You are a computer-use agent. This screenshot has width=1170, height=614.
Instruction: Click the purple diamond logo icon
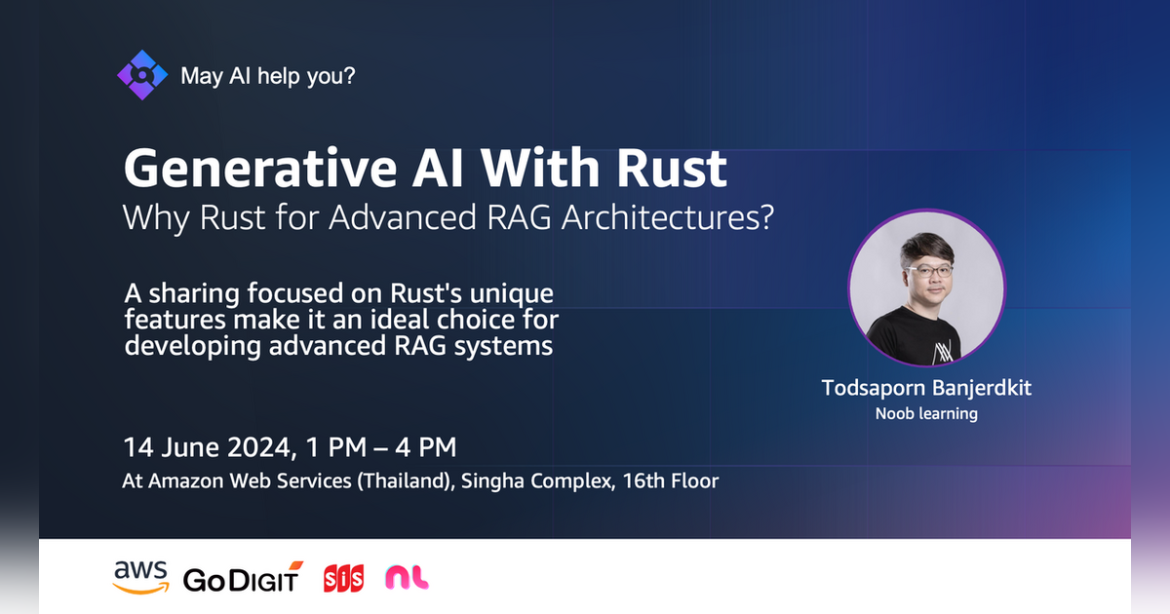click(x=142, y=75)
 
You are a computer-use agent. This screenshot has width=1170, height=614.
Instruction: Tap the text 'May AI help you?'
click(x=268, y=75)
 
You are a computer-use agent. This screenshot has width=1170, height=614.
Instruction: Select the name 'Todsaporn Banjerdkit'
click(x=926, y=388)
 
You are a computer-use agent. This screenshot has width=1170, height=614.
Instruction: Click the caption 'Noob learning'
click(x=926, y=414)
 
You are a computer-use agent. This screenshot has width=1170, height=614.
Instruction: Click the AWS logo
click(x=140, y=576)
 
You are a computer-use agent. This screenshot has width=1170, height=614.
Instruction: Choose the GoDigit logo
click(x=243, y=578)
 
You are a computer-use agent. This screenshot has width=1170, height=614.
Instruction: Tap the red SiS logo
click(x=343, y=578)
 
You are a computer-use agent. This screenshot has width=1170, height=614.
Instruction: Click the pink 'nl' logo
click(x=407, y=578)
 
